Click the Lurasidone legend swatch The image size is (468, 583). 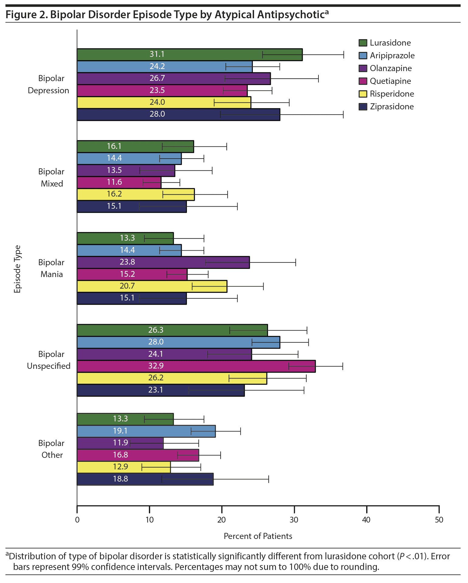[363, 43]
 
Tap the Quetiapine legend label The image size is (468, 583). [390, 81]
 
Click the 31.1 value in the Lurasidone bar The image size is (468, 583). [157, 54]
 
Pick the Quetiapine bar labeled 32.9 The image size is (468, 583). [196, 366]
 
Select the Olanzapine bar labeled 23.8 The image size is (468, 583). [163, 262]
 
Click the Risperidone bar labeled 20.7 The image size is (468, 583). [152, 286]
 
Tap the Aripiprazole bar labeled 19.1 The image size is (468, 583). [146, 431]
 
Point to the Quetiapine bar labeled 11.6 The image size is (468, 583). [119, 183]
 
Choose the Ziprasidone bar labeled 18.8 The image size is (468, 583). [145, 479]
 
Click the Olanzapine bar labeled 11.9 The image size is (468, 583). [120, 443]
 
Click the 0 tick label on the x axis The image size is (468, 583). [77, 520]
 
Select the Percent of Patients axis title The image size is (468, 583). [258, 536]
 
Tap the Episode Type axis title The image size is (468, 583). [17, 269]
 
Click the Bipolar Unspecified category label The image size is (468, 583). [49, 360]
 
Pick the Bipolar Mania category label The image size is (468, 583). [51, 268]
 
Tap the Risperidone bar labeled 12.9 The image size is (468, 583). [124, 467]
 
